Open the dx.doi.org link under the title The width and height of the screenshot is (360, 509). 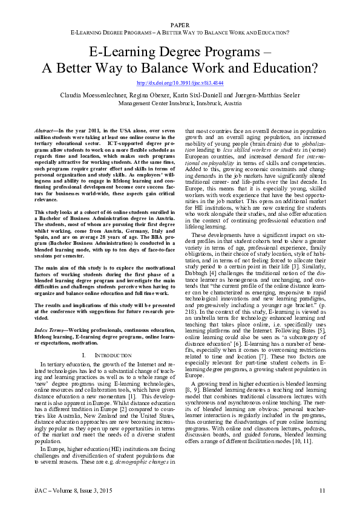[180, 83]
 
